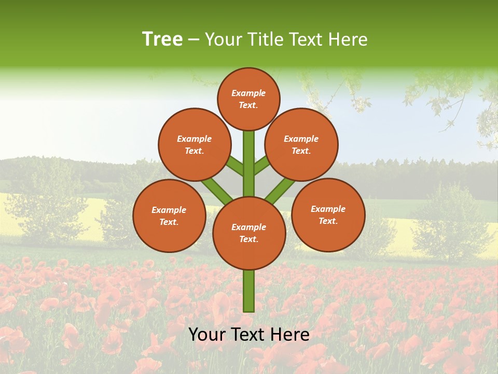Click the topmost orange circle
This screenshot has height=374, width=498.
(x=248, y=99)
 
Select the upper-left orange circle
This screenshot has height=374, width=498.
(x=194, y=144)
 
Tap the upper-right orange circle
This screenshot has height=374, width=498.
(x=301, y=144)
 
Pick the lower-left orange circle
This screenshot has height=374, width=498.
(x=169, y=216)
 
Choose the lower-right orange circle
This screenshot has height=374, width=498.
(x=328, y=215)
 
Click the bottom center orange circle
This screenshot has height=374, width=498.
(x=248, y=233)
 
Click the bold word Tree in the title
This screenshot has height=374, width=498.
(x=162, y=39)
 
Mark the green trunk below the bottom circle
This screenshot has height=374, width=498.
(x=249, y=291)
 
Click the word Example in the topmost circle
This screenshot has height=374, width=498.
(x=248, y=93)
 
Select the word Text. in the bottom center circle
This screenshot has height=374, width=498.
(x=248, y=239)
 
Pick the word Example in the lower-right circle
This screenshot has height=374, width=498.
(x=328, y=209)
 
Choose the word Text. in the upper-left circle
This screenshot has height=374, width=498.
(x=194, y=151)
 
